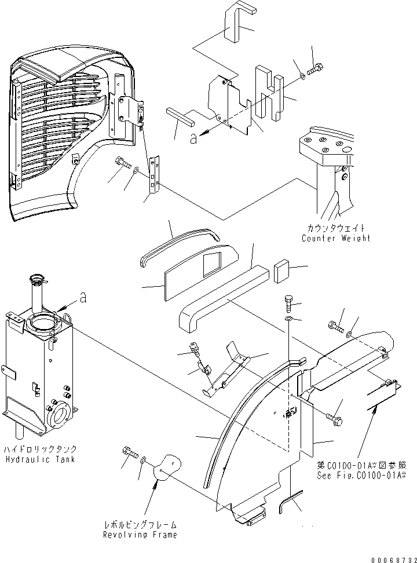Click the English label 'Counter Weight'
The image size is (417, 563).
(335, 238)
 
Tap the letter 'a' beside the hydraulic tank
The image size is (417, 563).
(83, 298)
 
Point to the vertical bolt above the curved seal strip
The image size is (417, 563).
(290, 302)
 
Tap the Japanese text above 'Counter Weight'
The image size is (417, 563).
(335, 228)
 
